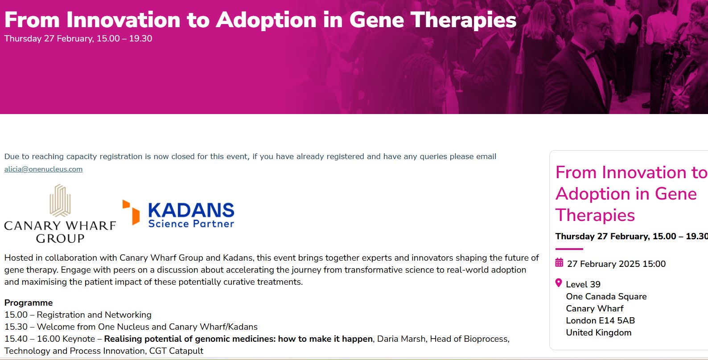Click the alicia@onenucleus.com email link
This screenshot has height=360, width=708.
coord(43,169)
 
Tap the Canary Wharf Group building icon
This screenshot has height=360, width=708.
coord(60,200)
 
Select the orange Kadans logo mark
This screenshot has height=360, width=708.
coord(131,212)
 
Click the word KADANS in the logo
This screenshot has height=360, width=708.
coord(191,210)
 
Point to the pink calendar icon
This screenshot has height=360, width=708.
coord(559,262)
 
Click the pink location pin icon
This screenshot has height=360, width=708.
coord(559,283)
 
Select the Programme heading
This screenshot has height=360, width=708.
coord(29,303)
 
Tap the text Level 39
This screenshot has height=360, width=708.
coord(583,284)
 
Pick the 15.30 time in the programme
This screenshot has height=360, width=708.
coord(16,327)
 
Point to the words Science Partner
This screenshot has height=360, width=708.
coord(191,224)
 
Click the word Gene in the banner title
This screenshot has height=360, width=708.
coord(376,20)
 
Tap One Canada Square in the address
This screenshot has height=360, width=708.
coord(606,297)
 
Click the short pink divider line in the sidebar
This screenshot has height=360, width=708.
coord(569,249)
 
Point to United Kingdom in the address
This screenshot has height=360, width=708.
coord(599,332)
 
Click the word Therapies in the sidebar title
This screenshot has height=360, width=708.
coord(595,215)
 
